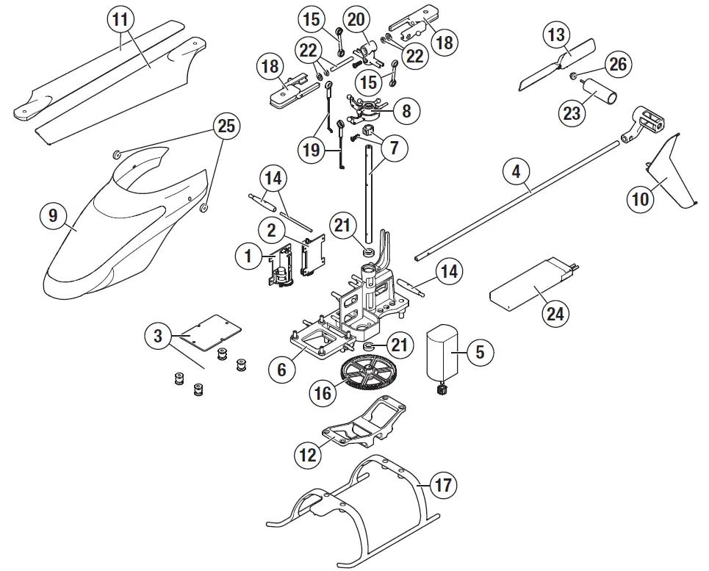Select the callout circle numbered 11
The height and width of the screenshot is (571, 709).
121,20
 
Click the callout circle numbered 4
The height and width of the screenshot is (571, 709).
517,173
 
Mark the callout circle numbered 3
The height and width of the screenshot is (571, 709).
158,337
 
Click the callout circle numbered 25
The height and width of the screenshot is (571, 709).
226,126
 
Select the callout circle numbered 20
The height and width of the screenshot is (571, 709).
357,20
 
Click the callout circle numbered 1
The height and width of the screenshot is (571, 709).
248,256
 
